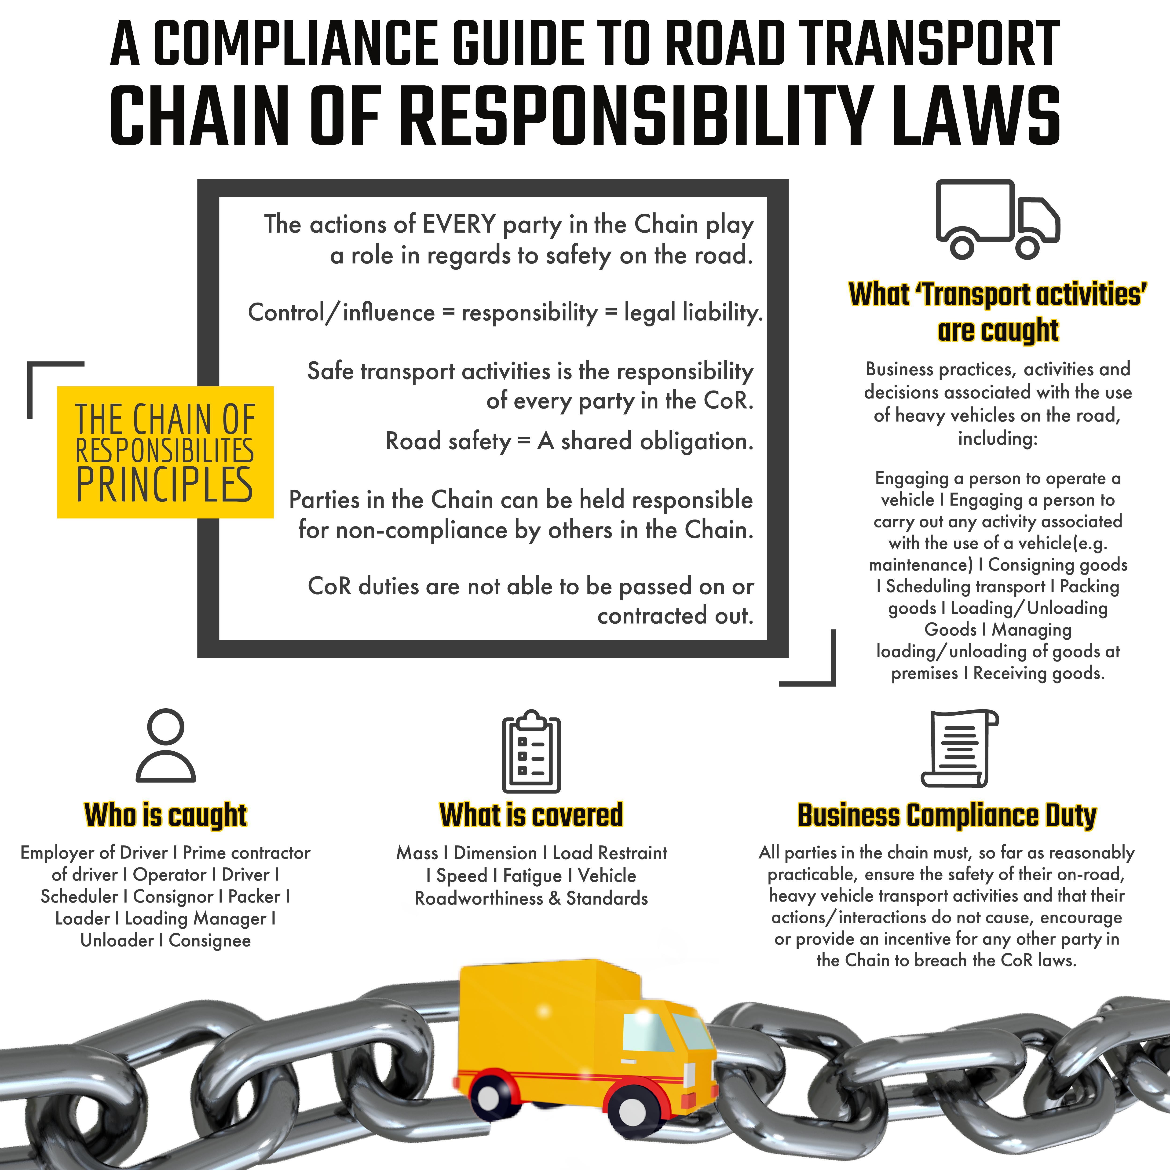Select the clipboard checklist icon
click(x=531, y=751)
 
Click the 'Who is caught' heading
click(x=165, y=815)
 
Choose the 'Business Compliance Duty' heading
click(x=947, y=815)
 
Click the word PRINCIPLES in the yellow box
click(x=164, y=484)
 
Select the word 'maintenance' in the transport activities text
click(x=921, y=565)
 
